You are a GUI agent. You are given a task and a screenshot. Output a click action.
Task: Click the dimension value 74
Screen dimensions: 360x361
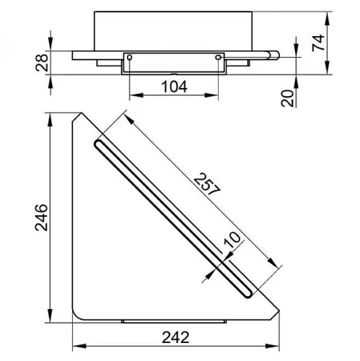(x=318, y=43)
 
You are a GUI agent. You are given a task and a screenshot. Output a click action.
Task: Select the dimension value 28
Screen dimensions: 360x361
(x=42, y=63)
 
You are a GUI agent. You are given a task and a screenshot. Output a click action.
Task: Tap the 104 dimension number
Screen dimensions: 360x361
(x=174, y=87)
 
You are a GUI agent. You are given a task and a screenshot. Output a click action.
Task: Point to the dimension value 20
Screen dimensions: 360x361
(x=287, y=98)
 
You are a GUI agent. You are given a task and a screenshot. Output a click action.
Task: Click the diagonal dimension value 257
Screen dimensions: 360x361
(x=207, y=184)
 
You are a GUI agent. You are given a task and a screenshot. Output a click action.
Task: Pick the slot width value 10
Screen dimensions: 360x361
(x=232, y=240)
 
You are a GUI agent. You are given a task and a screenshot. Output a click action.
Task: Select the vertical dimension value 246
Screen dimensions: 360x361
(x=41, y=217)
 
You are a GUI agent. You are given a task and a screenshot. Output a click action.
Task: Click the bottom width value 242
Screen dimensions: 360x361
(x=175, y=337)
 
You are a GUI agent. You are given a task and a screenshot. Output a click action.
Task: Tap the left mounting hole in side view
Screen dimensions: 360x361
(x=130, y=58)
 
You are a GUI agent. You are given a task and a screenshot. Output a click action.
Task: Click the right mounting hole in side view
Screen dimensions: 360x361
(x=219, y=57)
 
